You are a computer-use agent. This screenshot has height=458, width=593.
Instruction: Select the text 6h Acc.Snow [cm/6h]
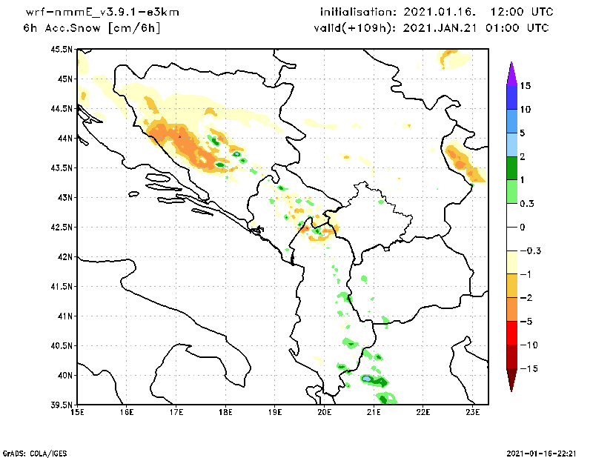click(92, 27)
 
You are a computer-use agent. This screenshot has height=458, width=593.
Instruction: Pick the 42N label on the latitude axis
click(65, 256)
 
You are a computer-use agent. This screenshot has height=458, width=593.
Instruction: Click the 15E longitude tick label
click(76, 412)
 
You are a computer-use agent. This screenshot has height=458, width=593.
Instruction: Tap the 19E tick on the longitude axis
click(275, 412)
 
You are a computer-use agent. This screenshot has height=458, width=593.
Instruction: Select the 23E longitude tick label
click(474, 412)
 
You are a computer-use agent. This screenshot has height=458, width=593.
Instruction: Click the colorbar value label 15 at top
click(525, 86)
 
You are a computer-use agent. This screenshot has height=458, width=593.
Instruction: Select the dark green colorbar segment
click(511, 169)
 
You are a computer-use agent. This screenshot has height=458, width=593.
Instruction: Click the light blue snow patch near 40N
click(367, 379)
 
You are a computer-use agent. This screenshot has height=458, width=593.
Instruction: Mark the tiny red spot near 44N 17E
click(179, 136)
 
